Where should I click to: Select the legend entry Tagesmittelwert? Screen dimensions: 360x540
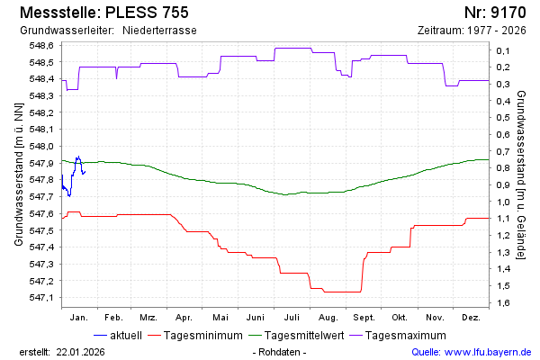[301, 336]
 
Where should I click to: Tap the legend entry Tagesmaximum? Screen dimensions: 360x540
[407, 336]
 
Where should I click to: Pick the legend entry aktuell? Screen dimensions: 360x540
[124, 336]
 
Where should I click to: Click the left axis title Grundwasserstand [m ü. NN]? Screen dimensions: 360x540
[19, 175]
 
